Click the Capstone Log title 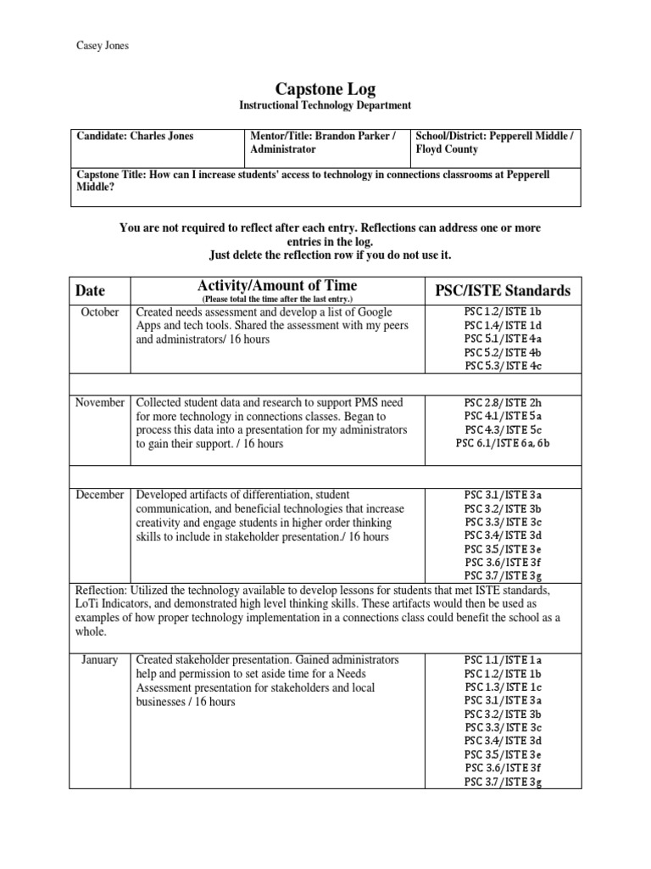tap(325, 88)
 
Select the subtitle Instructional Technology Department tap(325, 105)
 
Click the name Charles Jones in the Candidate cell tap(161, 136)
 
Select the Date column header tap(91, 290)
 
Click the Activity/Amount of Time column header tap(277, 285)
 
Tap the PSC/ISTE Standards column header tap(502, 290)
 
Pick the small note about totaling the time tap(276, 300)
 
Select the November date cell tap(100, 402)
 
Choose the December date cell tap(100, 494)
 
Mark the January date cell tap(100, 659)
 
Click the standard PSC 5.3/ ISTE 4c tap(502, 366)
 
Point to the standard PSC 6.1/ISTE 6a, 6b tap(502, 443)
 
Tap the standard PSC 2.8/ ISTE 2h tap(502, 402)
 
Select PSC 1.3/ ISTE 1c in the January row tap(502, 687)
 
